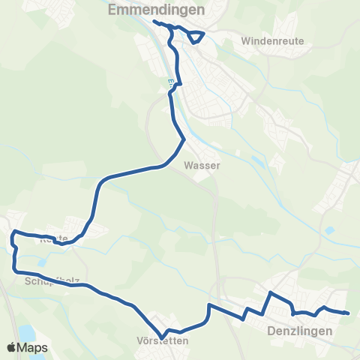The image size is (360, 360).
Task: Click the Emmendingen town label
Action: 156,10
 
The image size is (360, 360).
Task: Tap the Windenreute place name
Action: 273,41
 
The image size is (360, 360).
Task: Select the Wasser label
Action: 201,167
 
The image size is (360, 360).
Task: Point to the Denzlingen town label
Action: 298,328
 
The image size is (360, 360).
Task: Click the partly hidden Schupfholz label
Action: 52,281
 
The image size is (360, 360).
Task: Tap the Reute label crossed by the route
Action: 53,238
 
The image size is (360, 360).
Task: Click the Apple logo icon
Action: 12,347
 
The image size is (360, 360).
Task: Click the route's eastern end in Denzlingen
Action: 348,313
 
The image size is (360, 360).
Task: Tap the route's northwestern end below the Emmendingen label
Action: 154,22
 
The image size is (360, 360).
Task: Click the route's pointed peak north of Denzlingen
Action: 270,292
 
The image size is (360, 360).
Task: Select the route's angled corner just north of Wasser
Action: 184,139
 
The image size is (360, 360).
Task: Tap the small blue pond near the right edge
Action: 331,229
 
